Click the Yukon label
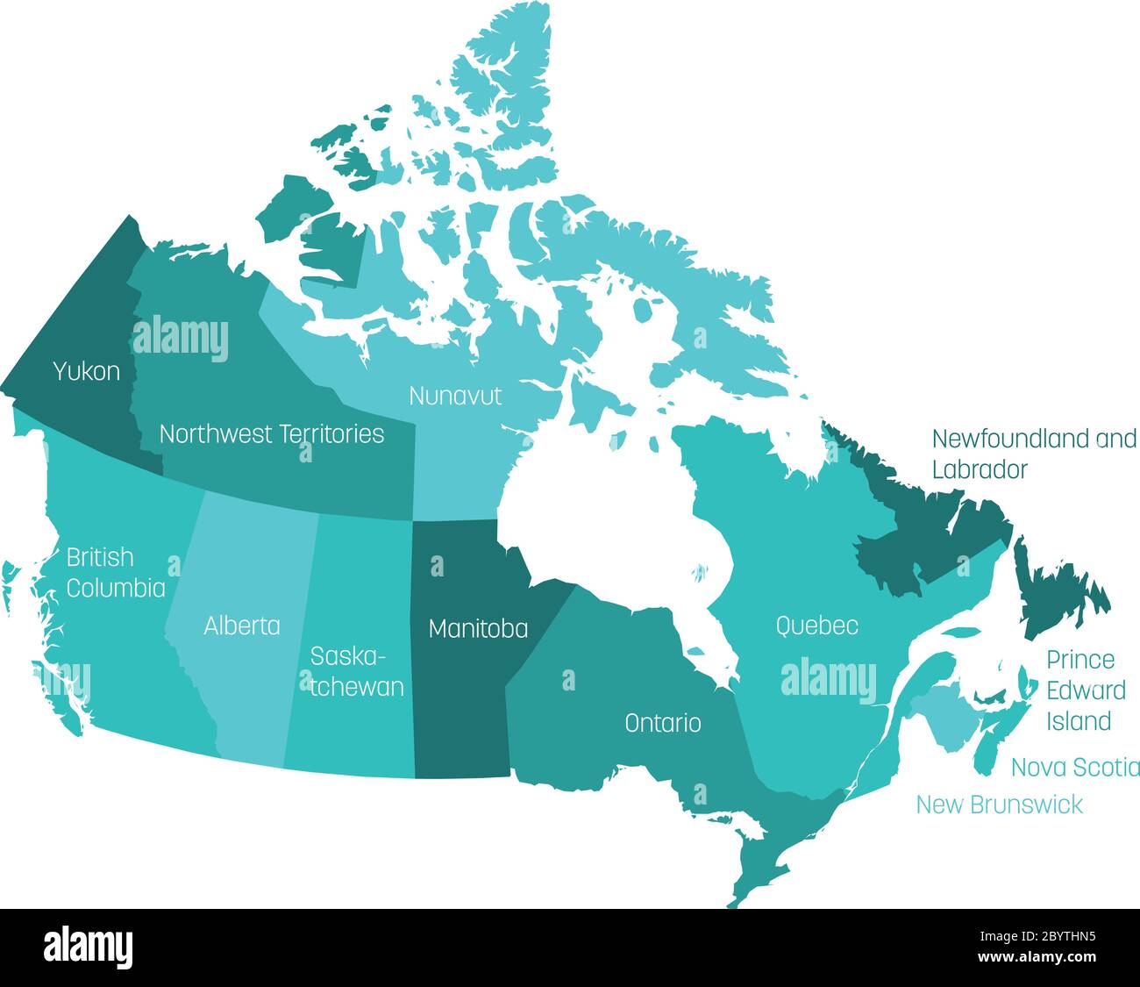pos(86,371)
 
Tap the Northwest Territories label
pos(272,433)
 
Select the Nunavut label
pos(455,396)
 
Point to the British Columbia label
pos(116,572)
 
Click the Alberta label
pos(242,626)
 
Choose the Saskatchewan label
pos(357,671)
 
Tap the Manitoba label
pos(478,628)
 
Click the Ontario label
pos(662,723)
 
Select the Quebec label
pos(816,626)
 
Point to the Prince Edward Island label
pos(1086,690)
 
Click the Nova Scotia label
pos(1075,768)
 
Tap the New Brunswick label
pos(999,805)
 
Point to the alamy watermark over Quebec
pos(828,680)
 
